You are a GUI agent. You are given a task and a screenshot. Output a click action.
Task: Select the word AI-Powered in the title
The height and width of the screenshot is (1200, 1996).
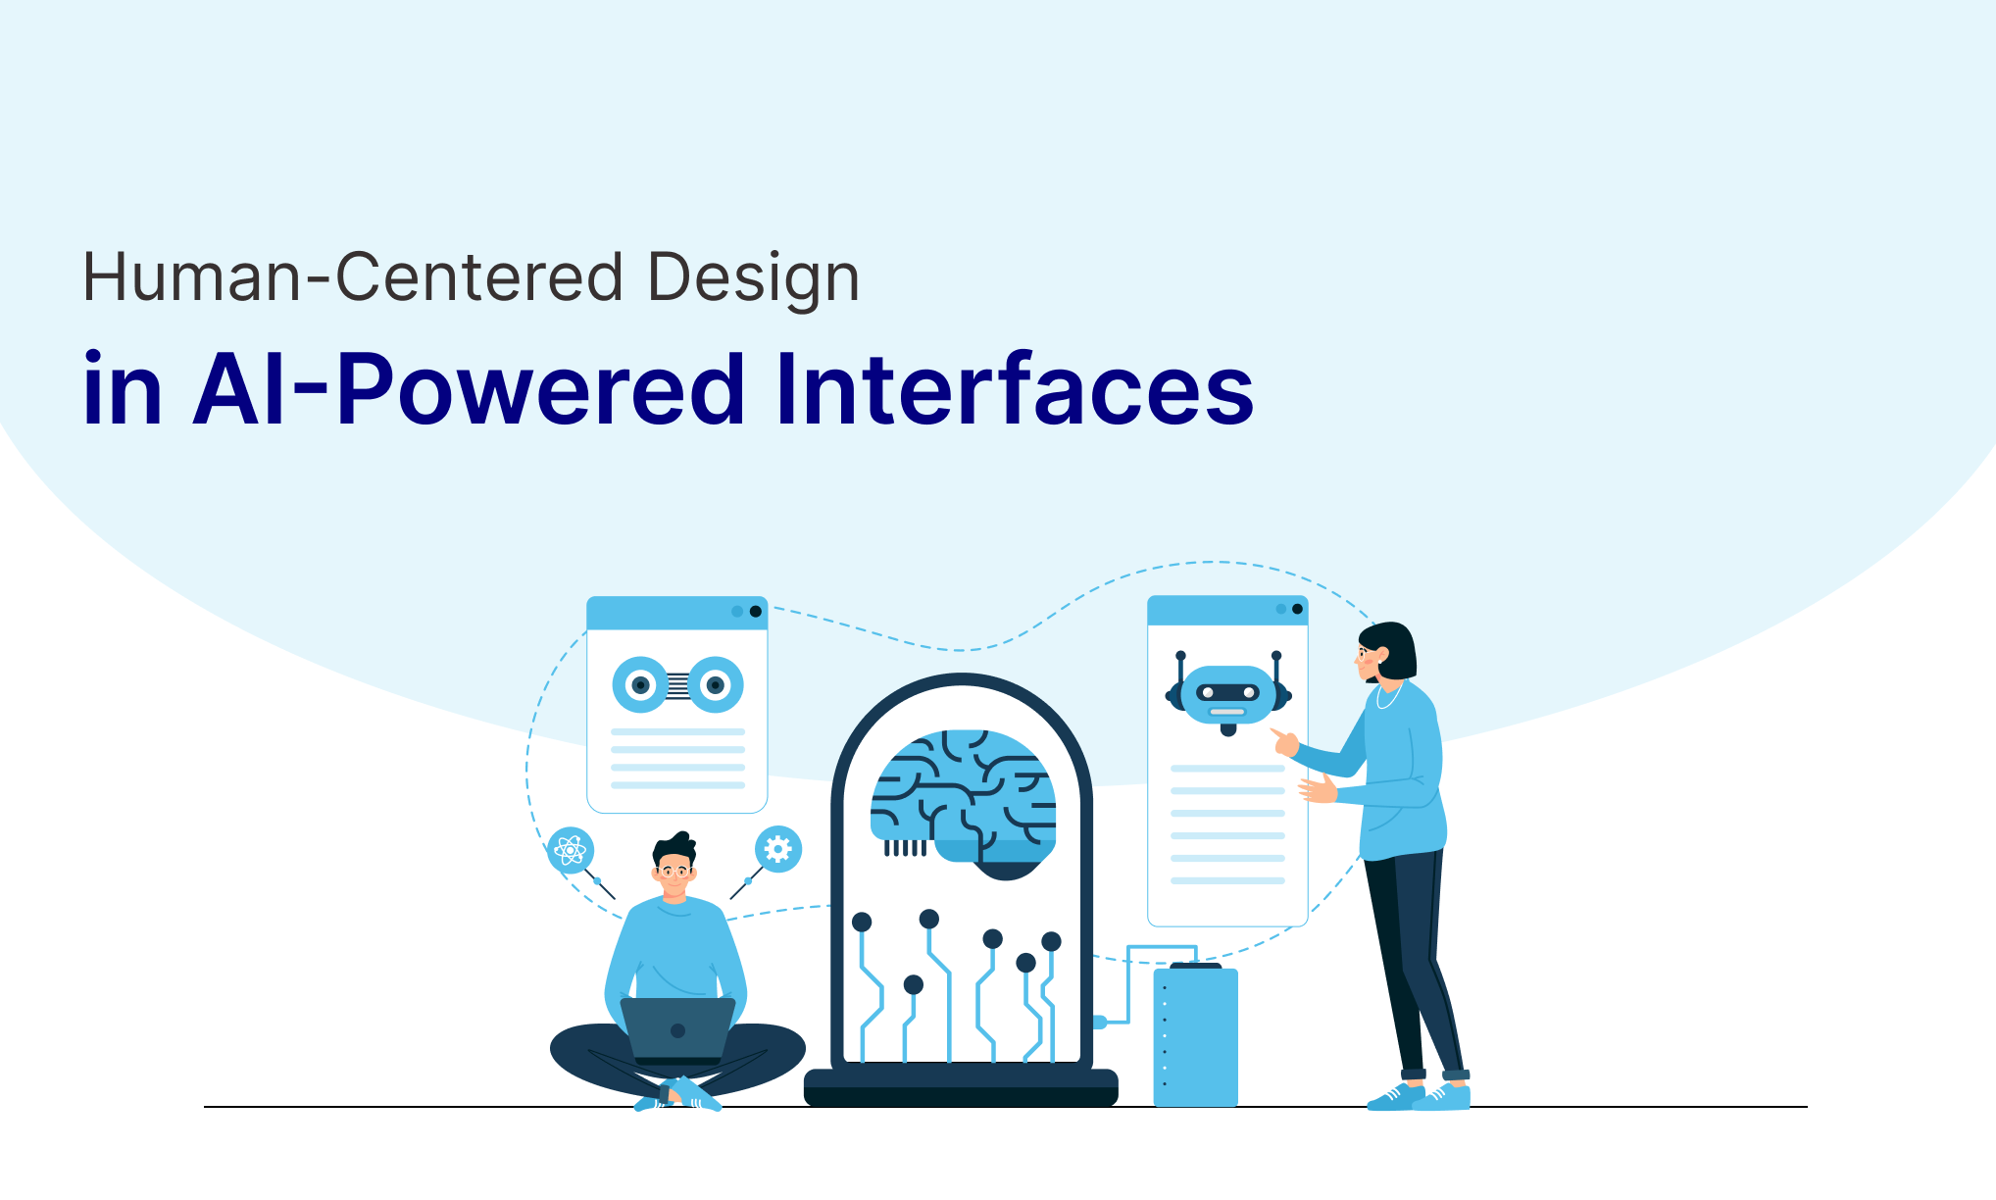click(x=469, y=390)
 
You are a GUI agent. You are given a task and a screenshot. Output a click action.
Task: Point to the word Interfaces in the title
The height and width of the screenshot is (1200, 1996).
click(x=1015, y=389)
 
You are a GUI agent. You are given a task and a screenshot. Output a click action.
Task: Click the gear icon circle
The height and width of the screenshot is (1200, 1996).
click(x=777, y=849)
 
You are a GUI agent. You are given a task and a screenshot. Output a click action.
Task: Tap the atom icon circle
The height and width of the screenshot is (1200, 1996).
click(x=571, y=850)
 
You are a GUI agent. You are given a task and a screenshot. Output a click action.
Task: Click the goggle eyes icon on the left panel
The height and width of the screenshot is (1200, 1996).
click(x=677, y=684)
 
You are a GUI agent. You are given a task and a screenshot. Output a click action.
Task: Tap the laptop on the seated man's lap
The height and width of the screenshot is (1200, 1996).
click(x=677, y=1030)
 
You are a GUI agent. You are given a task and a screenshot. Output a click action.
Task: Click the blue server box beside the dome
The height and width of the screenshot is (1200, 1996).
click(x=1196, y=1035)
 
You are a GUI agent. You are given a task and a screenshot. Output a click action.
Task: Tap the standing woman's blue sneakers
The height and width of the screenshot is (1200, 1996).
click(x=1419, y=1096)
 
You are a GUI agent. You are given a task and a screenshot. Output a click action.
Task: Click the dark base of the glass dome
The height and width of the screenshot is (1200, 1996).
click(x=961, y=1088)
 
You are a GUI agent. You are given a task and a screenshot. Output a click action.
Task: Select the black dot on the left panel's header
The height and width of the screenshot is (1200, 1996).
click(x=756, y=612)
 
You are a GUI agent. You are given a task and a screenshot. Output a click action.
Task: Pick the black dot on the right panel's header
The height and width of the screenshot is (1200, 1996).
click(x=1298, y=609)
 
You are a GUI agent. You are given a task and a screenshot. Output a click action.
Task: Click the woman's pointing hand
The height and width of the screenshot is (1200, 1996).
click(x=1284, y=740)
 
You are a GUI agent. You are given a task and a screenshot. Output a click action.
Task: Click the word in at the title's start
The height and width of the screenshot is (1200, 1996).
click(x=122, y=389)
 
